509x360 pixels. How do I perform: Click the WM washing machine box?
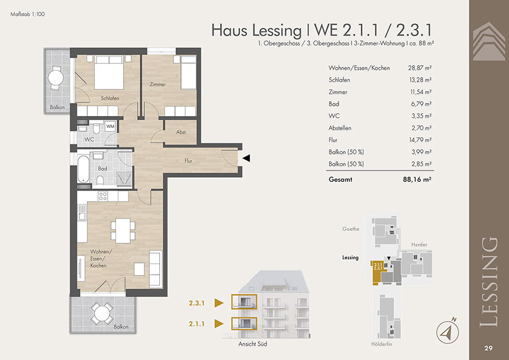110,126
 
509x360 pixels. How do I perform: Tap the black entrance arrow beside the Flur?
247,158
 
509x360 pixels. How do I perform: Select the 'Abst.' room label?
181,132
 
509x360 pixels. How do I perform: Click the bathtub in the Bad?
83,169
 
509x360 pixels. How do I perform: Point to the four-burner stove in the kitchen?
103,196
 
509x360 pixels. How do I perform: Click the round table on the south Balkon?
102,314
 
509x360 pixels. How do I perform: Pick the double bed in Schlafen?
109,72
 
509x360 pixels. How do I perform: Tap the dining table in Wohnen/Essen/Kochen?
123,230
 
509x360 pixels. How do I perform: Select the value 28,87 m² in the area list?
420,68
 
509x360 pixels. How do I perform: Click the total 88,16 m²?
417,179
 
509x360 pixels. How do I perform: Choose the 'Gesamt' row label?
340,179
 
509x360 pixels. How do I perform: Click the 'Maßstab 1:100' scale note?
28,14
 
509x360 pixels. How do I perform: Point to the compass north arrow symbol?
447,331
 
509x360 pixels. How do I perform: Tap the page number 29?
488,348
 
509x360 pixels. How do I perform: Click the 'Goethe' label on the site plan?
350,229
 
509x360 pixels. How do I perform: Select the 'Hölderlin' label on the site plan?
381,344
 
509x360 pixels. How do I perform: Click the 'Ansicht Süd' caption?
253,344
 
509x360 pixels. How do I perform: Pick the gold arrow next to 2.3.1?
219,303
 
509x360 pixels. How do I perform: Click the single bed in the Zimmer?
188,72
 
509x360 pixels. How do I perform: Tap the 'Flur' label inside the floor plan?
188,160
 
